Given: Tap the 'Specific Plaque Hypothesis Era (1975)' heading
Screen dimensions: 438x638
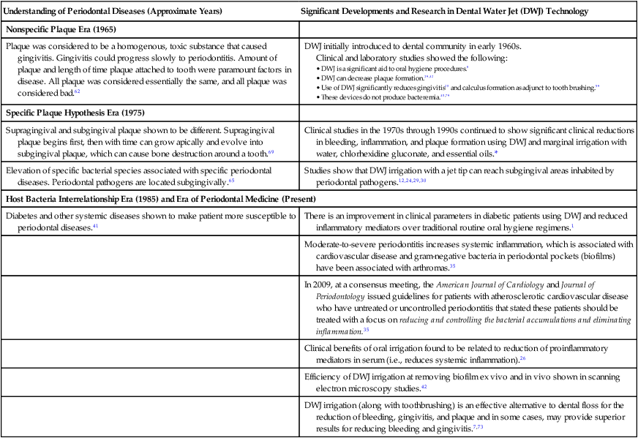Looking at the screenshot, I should click(75, 113).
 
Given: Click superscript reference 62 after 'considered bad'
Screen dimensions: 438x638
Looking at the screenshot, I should click(77, 92).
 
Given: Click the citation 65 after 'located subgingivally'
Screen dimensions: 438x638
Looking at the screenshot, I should click(231, 181).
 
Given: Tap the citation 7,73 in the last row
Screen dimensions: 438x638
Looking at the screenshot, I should click(477, 427).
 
